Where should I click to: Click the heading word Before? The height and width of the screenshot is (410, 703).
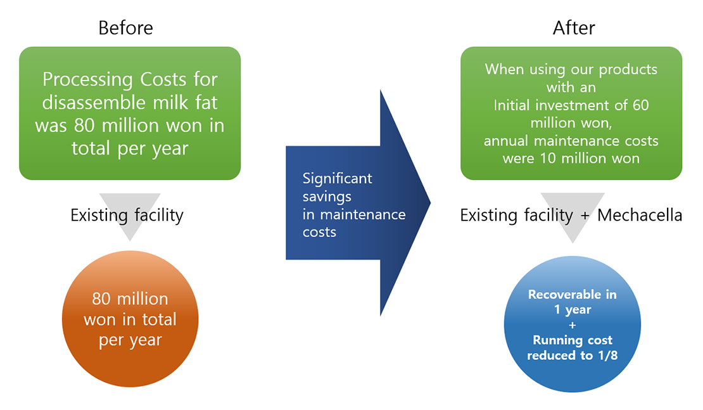[x=125, y=28]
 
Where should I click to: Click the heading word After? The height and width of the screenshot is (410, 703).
[x=573, y=28]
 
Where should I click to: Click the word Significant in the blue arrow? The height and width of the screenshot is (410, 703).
[x=337, y=179]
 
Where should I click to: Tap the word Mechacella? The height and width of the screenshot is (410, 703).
[x=640, y=215]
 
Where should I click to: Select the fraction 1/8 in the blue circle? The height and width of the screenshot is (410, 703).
[x=605, y=356]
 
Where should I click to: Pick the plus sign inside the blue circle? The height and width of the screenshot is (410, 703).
[x=572, y=325]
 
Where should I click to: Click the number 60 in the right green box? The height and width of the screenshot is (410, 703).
[x=640, y=105]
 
